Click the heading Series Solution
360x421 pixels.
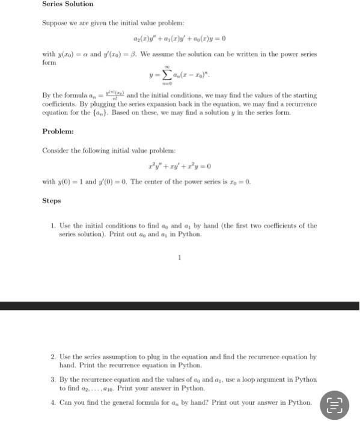[x=68, y=4]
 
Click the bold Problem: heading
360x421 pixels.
[x=58, y=131]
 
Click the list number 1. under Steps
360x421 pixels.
[x=53, y=226]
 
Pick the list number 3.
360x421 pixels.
[x=53, y=380]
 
